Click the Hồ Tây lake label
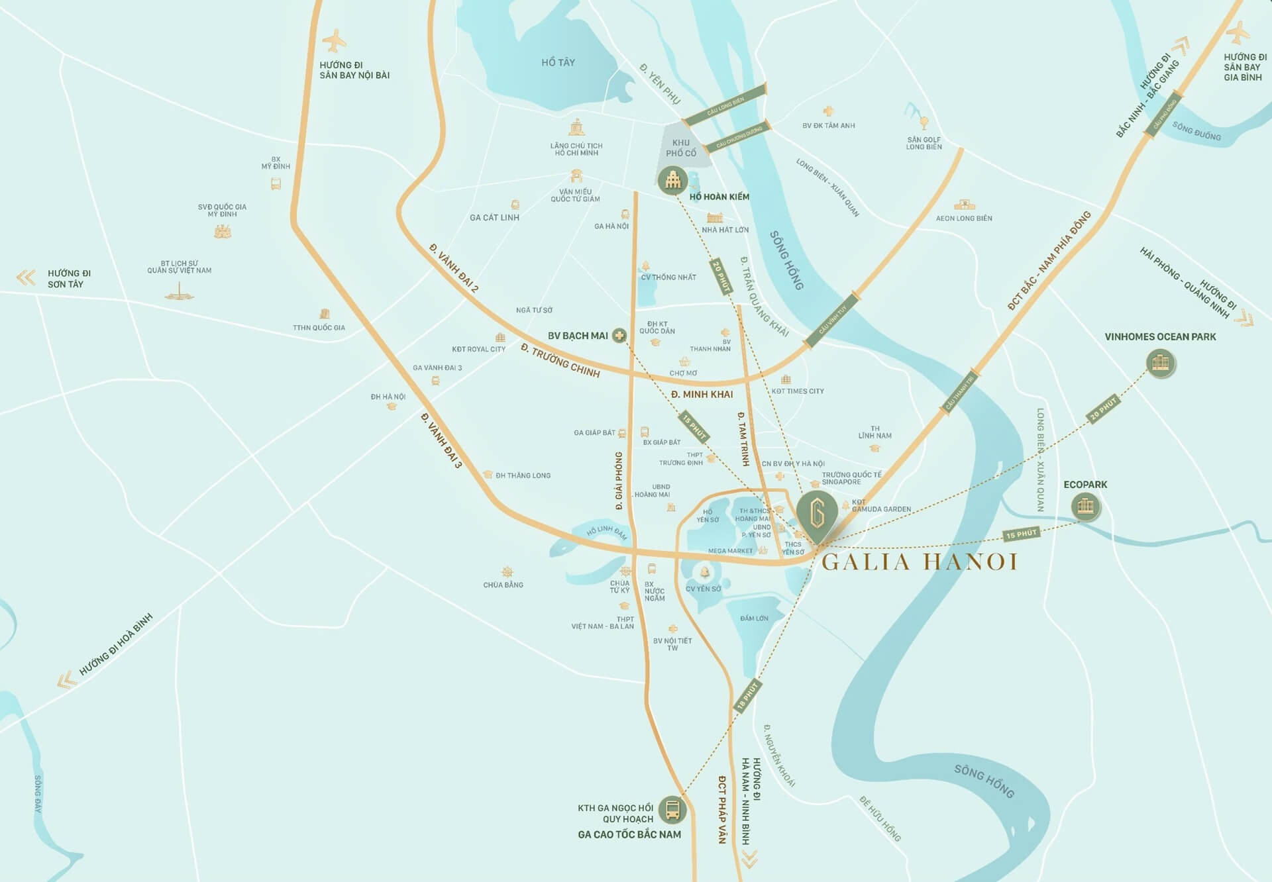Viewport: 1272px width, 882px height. point(558,62)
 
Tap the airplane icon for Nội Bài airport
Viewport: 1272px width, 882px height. point(334,41)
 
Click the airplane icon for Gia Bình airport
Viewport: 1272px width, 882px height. point(1237,33)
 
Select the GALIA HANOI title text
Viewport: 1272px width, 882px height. point(920,562)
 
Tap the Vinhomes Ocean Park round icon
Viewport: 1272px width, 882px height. point(1161,363)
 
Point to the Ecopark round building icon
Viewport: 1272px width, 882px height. point(1085,507)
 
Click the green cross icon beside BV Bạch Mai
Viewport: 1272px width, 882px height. point(619,336)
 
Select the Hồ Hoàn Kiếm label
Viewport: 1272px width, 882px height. point(719,197)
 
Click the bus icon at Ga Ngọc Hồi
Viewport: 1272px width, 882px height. point(672,809)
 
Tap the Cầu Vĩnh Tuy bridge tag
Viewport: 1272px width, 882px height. point(832,320)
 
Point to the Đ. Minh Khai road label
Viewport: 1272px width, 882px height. point(702,394)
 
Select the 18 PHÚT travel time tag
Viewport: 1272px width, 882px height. point(747,695)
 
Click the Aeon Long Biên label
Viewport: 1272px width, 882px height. point(964,218)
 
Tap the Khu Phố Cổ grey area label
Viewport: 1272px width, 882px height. point(681,148)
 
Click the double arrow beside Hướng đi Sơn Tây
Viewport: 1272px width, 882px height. point(26,277)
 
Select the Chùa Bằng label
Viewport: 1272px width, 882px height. point(503,585)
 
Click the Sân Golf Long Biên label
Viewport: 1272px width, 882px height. point(924,143)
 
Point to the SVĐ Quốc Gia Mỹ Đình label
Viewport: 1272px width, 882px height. point(222,211)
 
